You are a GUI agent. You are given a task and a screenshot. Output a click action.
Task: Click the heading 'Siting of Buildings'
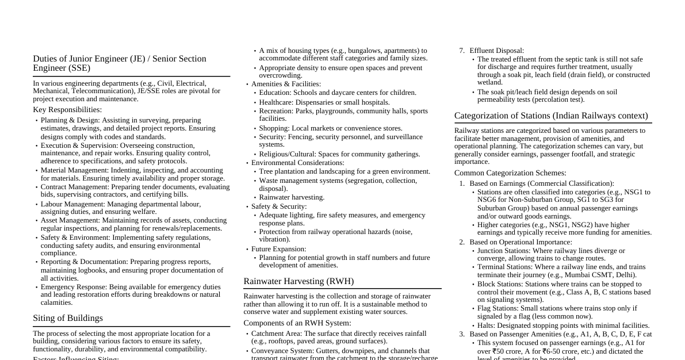coord(68,318)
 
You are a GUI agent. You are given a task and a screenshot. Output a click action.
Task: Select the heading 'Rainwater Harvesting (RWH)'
coord(299,281)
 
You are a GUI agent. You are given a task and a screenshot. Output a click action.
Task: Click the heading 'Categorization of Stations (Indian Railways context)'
coord(551,116)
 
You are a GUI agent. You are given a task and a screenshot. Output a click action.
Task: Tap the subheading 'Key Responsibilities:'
coord(67,109)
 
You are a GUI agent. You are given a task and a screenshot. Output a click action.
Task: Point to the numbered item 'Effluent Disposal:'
coord(496,51)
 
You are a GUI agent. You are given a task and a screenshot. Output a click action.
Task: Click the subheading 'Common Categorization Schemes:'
coord(510,173)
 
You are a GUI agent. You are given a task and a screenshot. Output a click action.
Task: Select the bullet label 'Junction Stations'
coord(503,251)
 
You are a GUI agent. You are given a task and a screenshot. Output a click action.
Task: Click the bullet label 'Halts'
coord(486,325)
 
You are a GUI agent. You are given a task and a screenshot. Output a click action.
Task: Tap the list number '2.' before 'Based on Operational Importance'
coord(462,242)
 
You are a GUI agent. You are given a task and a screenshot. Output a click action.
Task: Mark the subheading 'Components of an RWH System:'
coord(297,323)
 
